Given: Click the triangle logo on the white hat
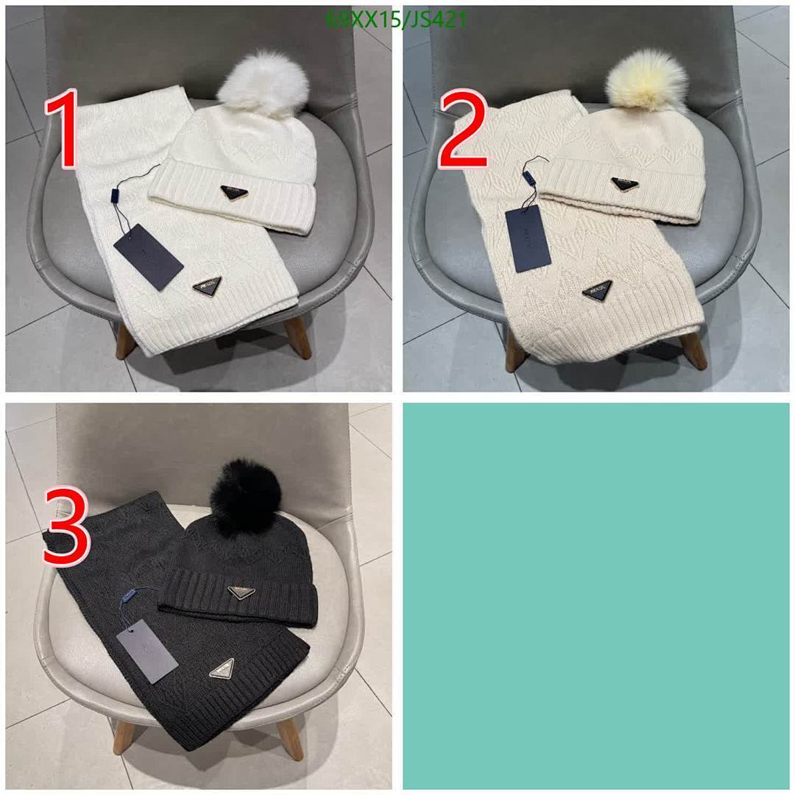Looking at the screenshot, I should [236, 194].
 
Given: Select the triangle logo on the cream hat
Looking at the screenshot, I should [625, 183].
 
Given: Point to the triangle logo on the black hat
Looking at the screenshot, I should [241, 592].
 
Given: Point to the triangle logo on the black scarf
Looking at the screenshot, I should [222, 668].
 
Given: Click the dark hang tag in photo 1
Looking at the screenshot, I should [148, 257].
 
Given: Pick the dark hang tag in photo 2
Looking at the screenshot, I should [528, 237].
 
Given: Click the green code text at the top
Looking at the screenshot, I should [396, 20].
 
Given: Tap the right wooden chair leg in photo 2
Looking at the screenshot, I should [693, 350].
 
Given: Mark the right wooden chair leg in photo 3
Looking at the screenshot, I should [289, 738].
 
